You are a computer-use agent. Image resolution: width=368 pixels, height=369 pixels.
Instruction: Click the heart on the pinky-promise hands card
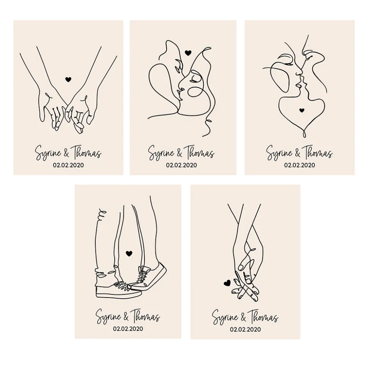(x=68, y=79)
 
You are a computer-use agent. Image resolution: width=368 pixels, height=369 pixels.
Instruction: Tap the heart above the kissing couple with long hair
(x=188, y=53)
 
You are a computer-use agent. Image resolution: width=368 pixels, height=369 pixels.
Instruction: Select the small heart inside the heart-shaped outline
(x=302, y=110)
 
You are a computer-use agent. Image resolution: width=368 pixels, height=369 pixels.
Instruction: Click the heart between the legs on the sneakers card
(x=129, y=253)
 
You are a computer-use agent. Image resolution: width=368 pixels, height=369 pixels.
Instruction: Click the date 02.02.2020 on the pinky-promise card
(x=68, y=165)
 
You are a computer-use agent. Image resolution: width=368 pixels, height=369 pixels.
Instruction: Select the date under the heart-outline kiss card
(x=299, y=165)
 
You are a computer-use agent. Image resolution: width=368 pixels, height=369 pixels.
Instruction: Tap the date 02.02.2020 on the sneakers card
(x=128, y=328)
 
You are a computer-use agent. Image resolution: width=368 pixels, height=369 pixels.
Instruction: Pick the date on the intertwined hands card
(x=245, y=329)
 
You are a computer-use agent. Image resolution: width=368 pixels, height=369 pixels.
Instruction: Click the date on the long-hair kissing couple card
(x=181, y=165)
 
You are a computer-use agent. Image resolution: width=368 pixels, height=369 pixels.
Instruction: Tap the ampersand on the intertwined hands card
(x=243, y=318)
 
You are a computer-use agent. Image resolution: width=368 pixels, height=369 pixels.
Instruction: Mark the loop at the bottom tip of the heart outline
(x=304, y=134)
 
